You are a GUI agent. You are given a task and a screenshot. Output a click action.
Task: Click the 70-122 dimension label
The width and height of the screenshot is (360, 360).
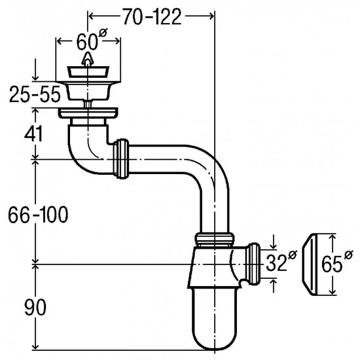[x=153, y=16]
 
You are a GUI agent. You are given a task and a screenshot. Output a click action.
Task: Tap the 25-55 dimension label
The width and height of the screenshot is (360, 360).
[x=35, y=94]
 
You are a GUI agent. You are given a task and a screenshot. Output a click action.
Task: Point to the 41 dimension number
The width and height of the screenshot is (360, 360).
[x=33, y=134]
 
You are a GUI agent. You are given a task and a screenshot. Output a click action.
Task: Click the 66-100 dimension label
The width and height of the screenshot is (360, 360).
[x=38, y=214]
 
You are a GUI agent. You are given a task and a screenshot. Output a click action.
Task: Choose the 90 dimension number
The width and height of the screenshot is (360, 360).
[x=35, y=307]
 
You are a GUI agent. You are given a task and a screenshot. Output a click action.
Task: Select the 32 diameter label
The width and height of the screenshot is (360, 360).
[x=281, y=261]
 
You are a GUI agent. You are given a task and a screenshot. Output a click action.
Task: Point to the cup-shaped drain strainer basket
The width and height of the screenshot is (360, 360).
[x=88, y=90]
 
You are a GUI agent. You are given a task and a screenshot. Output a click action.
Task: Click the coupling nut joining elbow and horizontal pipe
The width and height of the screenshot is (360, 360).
[x=121, y=158]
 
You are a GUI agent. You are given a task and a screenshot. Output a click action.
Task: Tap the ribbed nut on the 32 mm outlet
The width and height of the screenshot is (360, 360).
[x=253, y=264]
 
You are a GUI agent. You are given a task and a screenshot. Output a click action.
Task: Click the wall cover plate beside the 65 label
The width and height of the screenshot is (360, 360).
[x=309, y=264]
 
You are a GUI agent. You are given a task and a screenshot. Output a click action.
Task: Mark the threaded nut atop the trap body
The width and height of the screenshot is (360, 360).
[x=215, y=240]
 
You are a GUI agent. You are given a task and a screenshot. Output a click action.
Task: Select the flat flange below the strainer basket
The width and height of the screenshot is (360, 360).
[x=88, y=113]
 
